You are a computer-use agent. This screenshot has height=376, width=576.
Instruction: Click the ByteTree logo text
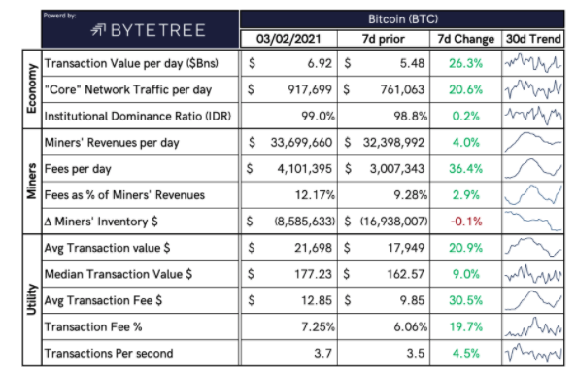[158, 30]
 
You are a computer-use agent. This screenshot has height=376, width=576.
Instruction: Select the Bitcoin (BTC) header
[403, 18]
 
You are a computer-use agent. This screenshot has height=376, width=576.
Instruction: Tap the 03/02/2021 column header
[288, 39]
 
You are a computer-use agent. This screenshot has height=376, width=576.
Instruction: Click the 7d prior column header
[383, 39]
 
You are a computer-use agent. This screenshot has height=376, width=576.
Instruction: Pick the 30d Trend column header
[533, 39]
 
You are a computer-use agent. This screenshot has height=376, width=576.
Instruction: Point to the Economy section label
[32, 88]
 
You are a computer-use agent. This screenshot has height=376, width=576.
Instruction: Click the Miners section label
[32, 181]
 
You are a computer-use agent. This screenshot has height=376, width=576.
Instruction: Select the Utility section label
[32, 299]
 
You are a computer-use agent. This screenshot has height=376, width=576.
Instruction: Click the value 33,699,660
[301, 142]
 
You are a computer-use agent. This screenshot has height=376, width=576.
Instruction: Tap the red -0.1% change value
[466, 222]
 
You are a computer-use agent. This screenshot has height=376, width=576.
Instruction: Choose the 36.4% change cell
[466, 169]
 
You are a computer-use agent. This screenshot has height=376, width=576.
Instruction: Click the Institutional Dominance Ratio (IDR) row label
[138, 117]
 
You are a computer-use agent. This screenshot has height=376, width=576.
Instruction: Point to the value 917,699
[310, 89]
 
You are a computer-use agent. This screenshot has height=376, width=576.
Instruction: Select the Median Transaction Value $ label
[119, 274]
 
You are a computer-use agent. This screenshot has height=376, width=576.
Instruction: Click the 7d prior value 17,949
[406, 248]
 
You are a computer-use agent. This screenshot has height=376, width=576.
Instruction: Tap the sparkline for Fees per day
[533, 169]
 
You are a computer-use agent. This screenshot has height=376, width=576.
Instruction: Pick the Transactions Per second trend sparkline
[533, 354]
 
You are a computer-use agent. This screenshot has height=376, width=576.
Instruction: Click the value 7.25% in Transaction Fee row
[319, 326]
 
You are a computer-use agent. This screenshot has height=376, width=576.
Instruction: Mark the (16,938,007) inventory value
[393, 222]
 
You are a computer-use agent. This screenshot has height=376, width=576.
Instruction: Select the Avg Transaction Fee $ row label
[103, 300]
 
